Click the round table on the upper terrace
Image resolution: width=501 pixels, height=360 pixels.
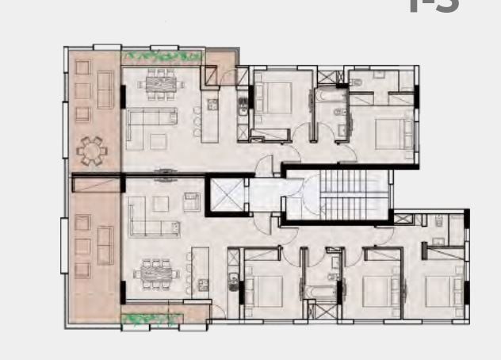coord(92,149)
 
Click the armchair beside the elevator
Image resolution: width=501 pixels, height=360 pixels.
coord(191,201)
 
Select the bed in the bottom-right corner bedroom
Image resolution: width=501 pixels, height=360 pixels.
coord(441,289)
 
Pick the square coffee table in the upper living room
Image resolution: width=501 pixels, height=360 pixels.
coord(158,140)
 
